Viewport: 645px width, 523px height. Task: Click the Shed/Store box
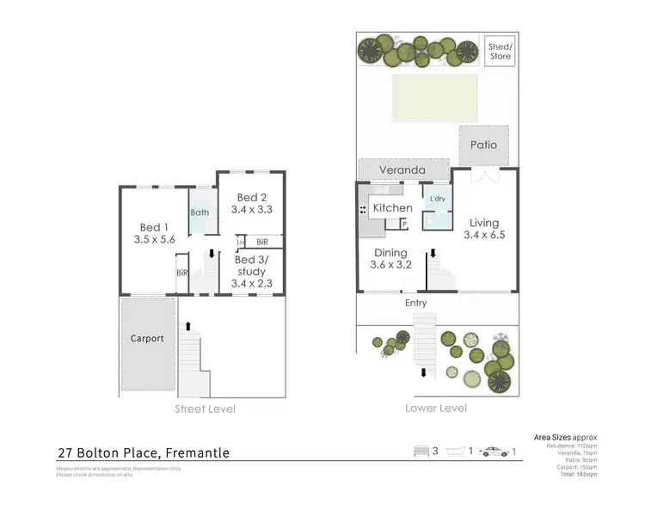500,52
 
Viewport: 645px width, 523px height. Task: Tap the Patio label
483,145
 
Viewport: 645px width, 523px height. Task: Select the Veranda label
402,170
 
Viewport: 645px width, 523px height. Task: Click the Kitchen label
392,208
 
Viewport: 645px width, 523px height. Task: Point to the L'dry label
437,199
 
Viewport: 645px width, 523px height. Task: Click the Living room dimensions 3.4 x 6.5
484,235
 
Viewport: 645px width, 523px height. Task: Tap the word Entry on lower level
415,303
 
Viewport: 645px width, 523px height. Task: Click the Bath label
200,212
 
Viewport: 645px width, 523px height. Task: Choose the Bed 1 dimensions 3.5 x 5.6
155,240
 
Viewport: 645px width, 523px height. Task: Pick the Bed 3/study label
251,265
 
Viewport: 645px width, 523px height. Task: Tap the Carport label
147,338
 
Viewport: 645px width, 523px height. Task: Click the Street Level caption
205,409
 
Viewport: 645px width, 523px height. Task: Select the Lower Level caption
436,408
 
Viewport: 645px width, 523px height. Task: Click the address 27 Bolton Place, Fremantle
144,452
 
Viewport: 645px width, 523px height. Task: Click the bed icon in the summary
421,451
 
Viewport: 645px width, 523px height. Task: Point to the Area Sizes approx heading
565,437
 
